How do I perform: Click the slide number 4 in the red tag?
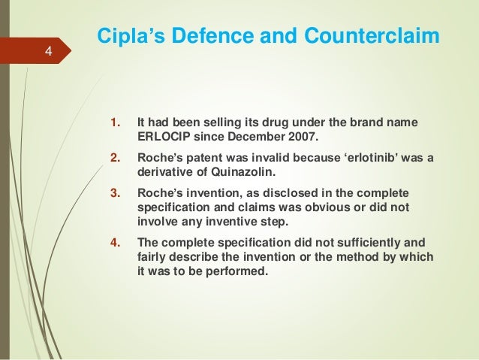(48, 52)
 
